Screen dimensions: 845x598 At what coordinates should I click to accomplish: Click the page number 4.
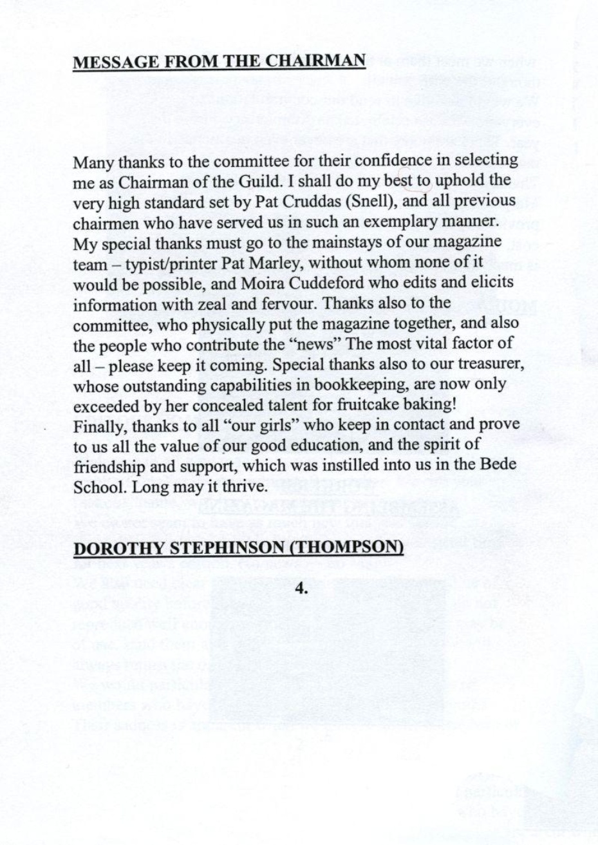click(x=299, y=587)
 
